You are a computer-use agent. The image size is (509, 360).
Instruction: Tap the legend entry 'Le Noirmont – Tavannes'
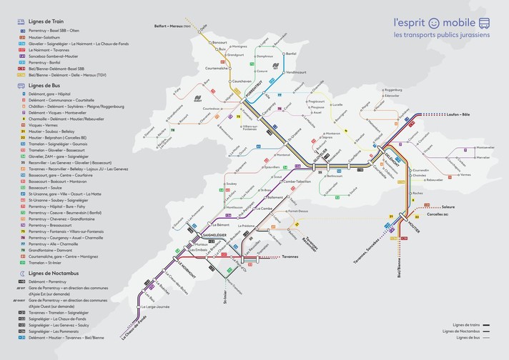point(54,51)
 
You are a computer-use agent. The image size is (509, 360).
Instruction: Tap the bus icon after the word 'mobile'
point(483,21)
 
